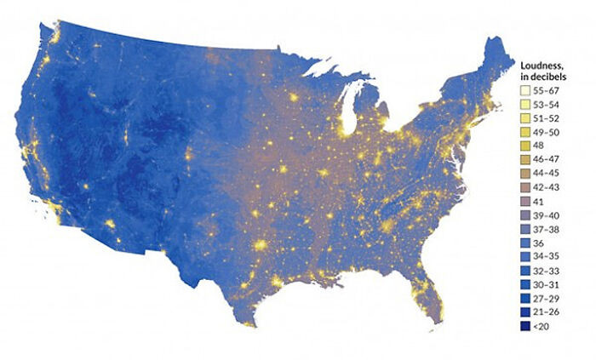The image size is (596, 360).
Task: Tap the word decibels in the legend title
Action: point(547,76)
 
